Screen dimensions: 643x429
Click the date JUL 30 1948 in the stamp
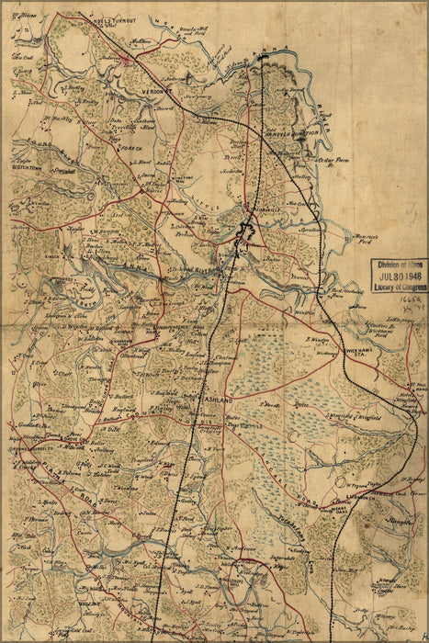(x=399, y=275)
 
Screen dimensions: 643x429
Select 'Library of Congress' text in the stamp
(x=399, y=287)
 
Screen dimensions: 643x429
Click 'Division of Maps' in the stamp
(x=399, y=265)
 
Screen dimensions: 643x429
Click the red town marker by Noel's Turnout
(x=127, y=59)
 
